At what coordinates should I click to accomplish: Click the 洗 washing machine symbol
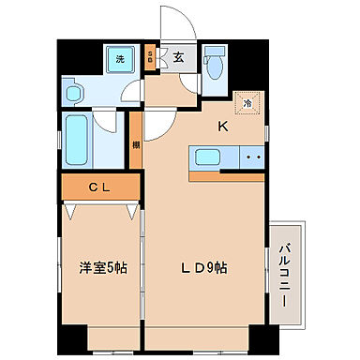[x=119, y=59]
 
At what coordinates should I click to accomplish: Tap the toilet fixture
[x=215, y=64]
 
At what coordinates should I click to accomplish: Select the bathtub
[x=79, y=137]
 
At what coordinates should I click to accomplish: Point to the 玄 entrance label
[x=178, y=58]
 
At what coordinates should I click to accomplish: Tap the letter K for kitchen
[x=223, y=127]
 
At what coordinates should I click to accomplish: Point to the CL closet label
[x=98, y=187]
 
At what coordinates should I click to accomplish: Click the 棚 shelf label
[x=137, y=144]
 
